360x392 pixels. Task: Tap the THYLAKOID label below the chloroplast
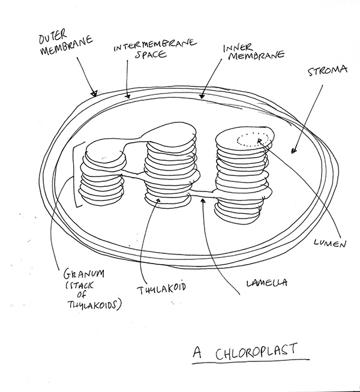pyautogui.click(x=161, y=288)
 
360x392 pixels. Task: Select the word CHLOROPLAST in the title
pyautogui.click(x=251, y=350)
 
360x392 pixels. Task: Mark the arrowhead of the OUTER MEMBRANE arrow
pyautogui.click(x=94, y=94)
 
